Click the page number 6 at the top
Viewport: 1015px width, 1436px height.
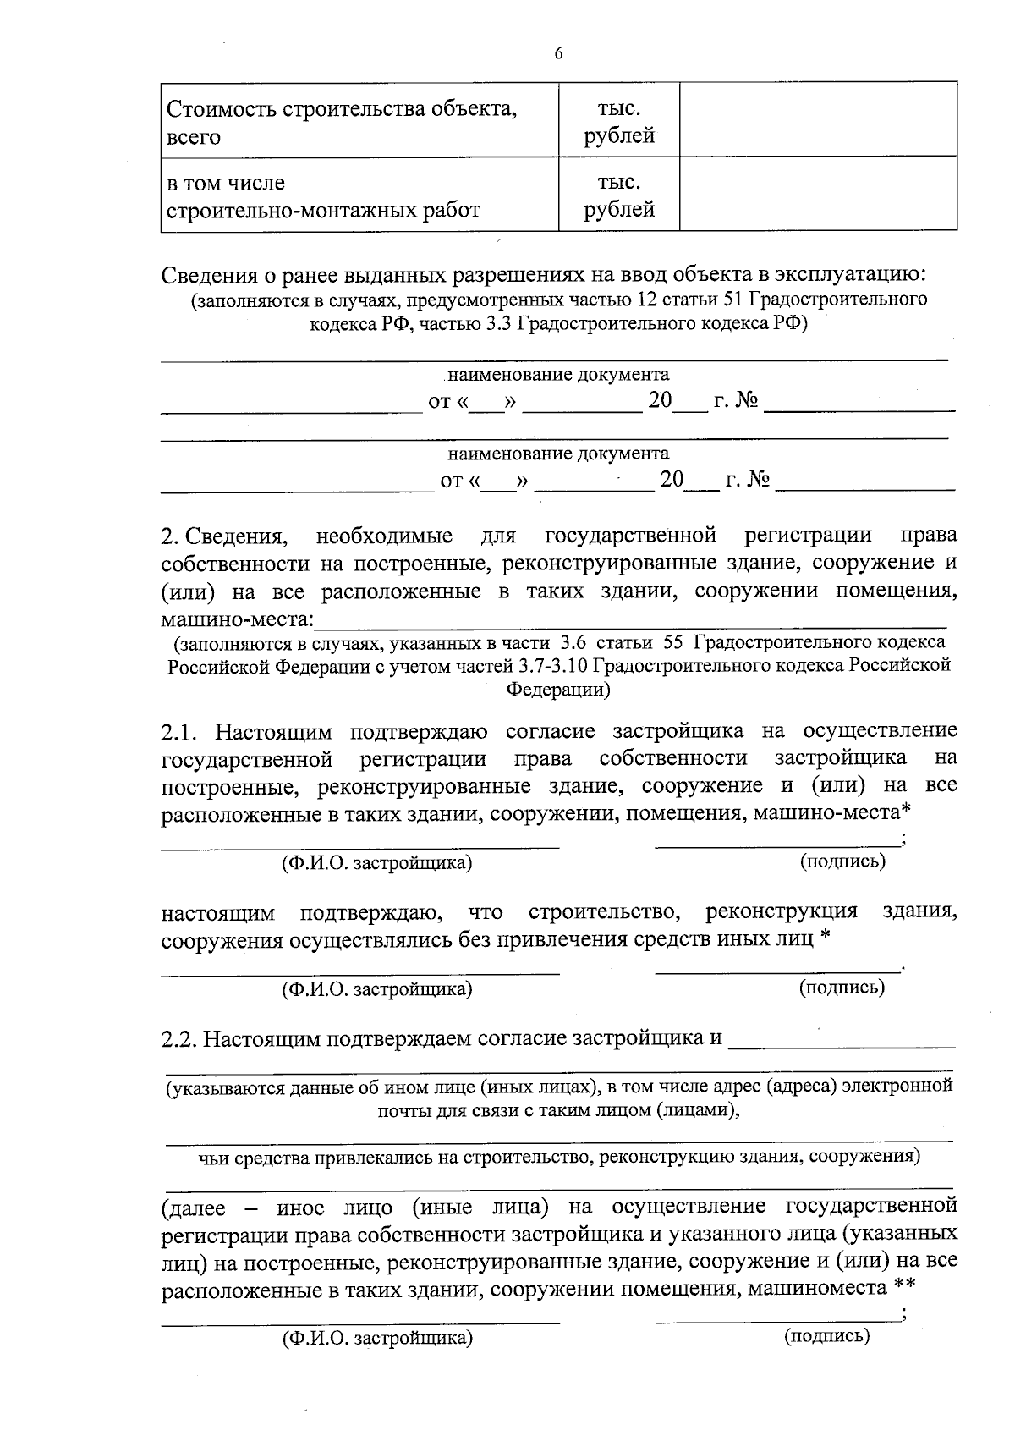(x=558, y=53)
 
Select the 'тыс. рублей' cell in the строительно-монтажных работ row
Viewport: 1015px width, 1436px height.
(x=619, y=196)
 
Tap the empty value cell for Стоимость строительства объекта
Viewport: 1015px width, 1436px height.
(x=818, y=119)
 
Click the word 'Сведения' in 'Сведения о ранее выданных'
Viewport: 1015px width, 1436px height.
(x=210, y=275)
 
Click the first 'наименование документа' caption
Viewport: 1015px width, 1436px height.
(x=557, y=375)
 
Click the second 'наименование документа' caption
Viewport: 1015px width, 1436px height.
(x=557, y=454)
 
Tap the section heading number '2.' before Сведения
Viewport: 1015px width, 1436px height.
(x=169, y=536)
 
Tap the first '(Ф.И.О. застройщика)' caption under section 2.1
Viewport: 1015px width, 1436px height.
(x=377, y=863)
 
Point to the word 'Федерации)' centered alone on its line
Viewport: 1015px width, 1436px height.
(x=558, y=690)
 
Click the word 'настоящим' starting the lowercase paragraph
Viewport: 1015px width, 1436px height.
(x=218, y=914)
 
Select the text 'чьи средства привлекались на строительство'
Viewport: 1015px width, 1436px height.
(x=406, y=1157)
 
